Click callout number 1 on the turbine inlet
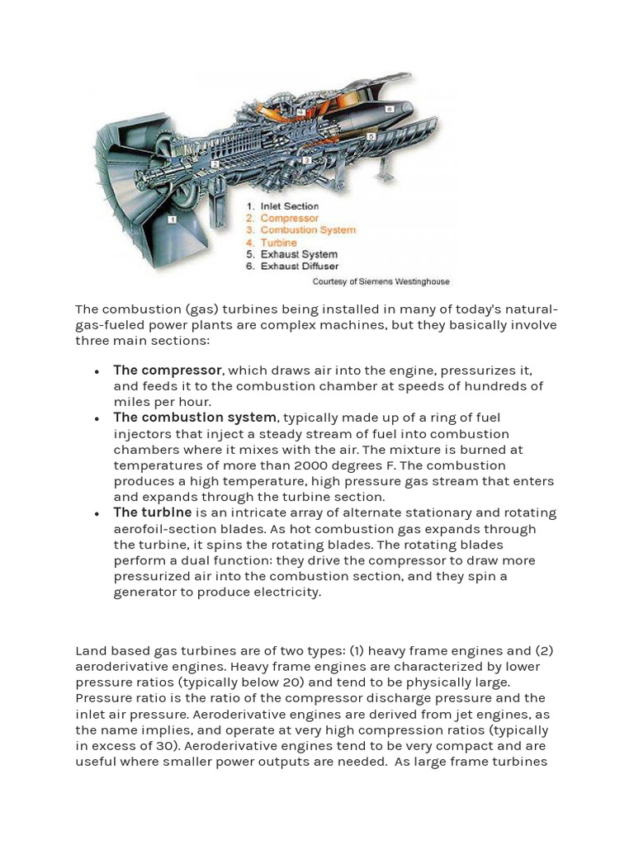pos(172,220)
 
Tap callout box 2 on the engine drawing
pos(215,164)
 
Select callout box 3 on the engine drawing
pos(306,160)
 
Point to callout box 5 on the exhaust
pos(371,136)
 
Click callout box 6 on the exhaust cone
pos(389,109)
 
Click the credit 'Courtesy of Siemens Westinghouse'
pos(381,281)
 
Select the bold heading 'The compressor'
pos(168,370)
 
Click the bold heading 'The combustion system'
pos(195,418)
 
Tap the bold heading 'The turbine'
pos(153,512)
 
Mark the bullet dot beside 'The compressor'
pos(97,371)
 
